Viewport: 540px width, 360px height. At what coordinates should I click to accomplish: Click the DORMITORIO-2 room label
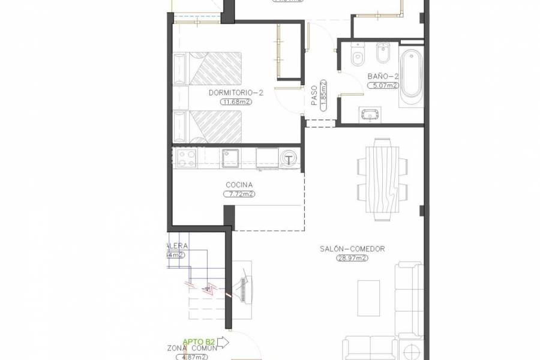[236, 93]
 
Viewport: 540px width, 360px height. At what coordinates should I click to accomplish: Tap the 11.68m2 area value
[236, 102]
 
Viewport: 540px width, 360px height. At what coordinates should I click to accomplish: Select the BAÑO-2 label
[383, 76]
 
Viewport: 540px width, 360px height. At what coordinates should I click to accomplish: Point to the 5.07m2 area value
[383, 86]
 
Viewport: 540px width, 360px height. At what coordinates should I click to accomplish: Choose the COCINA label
[239, 185]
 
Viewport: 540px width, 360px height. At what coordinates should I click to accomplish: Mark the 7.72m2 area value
[239, 194]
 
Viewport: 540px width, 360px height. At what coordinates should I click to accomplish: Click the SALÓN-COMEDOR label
[352, 249]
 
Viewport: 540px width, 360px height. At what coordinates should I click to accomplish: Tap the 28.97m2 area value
[352, 259]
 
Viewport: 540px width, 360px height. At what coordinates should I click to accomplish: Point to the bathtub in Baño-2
[412, 74]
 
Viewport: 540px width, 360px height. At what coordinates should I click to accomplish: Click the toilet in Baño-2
[358, 56]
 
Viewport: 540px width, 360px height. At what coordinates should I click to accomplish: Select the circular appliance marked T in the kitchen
[290, 158]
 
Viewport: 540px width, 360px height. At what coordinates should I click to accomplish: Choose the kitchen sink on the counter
[230, 158]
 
